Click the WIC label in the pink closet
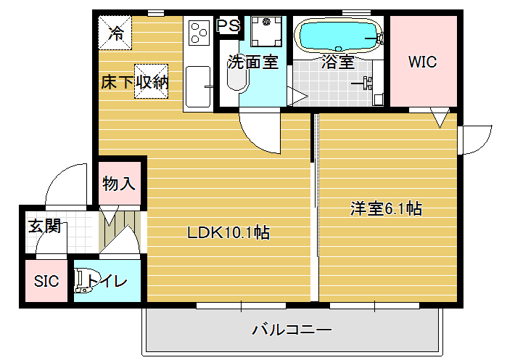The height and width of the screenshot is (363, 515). pos(422,62)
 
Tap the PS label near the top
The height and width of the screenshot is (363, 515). pos(228,25)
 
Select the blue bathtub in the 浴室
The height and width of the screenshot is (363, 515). pos(338,35)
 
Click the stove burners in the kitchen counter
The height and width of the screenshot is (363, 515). pos(199,33)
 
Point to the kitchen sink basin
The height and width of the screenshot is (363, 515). pos(198,87)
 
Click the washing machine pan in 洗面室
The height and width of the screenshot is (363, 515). pos(266,31)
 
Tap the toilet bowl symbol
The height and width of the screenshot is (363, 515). pos(84,281)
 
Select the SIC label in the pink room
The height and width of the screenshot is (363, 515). pos(46,281)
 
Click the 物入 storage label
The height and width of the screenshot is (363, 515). pos(118,184)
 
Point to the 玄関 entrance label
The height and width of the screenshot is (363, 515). pos(45,227)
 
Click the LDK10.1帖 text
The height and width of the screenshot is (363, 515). pos(228,232)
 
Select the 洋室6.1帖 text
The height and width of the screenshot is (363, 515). pos(386,208)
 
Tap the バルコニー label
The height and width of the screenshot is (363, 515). pos(292,330)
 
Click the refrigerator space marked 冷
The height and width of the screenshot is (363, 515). pos(115,33)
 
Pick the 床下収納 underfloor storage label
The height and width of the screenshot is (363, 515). pos(135,81)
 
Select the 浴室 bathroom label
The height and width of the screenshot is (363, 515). pos(338,62)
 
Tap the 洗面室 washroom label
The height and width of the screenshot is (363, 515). pos(253,62)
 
